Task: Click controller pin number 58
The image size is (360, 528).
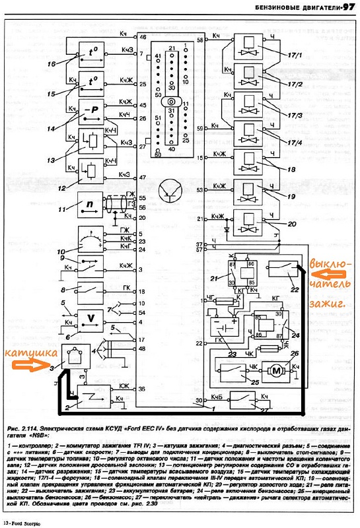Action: (200, 41)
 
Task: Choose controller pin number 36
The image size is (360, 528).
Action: (141, 389)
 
